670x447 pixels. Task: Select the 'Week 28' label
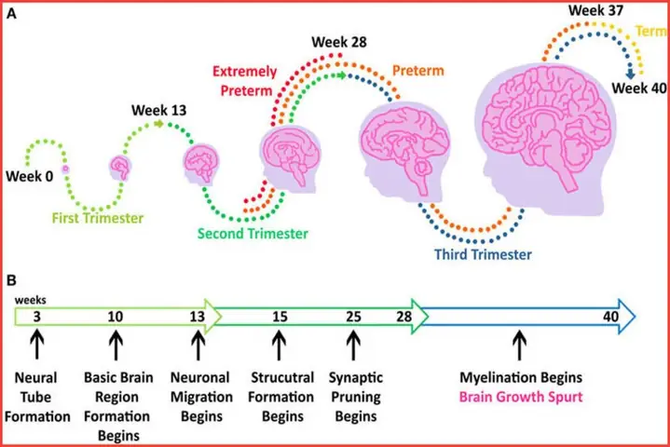tap(339, 43)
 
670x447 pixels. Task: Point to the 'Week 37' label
tap(596, 10)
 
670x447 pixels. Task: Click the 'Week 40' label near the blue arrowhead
tap(639, 88)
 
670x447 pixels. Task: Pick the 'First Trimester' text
tap(96, 219)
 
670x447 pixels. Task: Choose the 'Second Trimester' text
tap(252, 234)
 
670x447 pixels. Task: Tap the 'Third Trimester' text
tap(482, 254)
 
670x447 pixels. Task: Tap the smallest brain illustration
tap(121, 168)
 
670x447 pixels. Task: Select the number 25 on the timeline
tap(352, 317)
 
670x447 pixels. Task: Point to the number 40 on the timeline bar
tap(611, 317)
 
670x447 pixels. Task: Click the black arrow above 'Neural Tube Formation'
tap(37, 348)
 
